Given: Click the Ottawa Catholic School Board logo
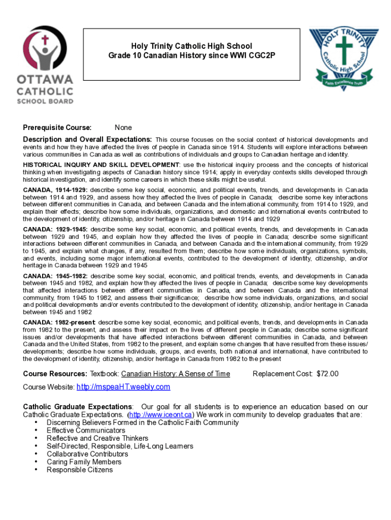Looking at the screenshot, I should pyautogui.click(x=45, y=64).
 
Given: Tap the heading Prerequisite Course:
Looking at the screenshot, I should pyautogui.click(x=57, y=127).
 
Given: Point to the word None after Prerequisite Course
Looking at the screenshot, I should pyautogui.click(x=123, y=127).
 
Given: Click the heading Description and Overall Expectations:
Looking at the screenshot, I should pyautogui.click(x=87, y=140).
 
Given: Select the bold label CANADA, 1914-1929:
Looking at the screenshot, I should pyautogui.click(x=55, y=190).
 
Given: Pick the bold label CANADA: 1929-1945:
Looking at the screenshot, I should pyautogui.click(x=55, y=229).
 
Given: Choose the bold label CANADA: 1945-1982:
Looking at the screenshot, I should pyautogui.click(x=55, y=276).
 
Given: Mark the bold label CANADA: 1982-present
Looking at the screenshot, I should pyautogui.click(x=59, y=322).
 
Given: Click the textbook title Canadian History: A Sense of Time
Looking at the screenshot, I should pyautogui.click(x=175, y=374).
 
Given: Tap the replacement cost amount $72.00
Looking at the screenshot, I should pyautogui.click(x=328, y=374).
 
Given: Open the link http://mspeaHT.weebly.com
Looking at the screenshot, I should pyautogui.click(x=123, y=387).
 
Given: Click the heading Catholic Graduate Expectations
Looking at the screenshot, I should pyautogui.click(x=78, y=407).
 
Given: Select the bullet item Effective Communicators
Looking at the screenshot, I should pyautogui.click(x=86, y=431).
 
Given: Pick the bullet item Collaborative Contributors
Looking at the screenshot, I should pyautogui.click(x=87, y=454).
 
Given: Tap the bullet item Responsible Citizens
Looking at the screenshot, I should pyautogui.click(x=80, y=470).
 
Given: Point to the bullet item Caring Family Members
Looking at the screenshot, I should pyautogui.click(x=84, y=462).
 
